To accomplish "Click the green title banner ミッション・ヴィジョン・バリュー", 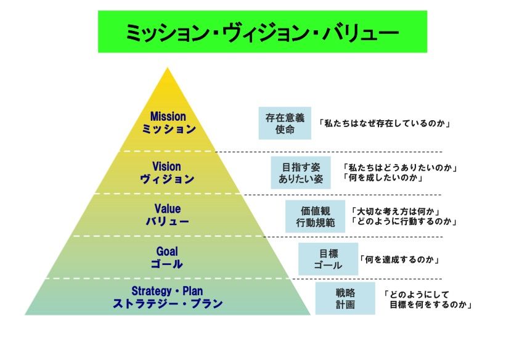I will [262, 31].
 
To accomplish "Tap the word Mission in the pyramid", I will [168, 117].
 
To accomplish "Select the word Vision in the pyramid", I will [167, 166].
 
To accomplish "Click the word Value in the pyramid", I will [168, 209].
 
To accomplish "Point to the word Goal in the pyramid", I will [167, 252].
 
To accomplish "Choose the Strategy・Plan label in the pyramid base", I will [167, 291].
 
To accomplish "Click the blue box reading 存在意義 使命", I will [285, 123].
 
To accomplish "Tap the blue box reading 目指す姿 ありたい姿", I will [298, 173].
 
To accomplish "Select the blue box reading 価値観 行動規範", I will [311, 216].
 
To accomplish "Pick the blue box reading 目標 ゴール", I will [328, 259].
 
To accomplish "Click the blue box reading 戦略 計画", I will [345, 298].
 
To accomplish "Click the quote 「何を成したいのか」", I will [383, 178].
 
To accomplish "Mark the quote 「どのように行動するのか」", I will [404, 222].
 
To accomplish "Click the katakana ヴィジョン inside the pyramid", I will [167, 179].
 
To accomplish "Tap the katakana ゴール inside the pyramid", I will [167, 264].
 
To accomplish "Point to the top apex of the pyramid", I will [167, 68].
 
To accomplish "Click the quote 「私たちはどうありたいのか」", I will [402, 167].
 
